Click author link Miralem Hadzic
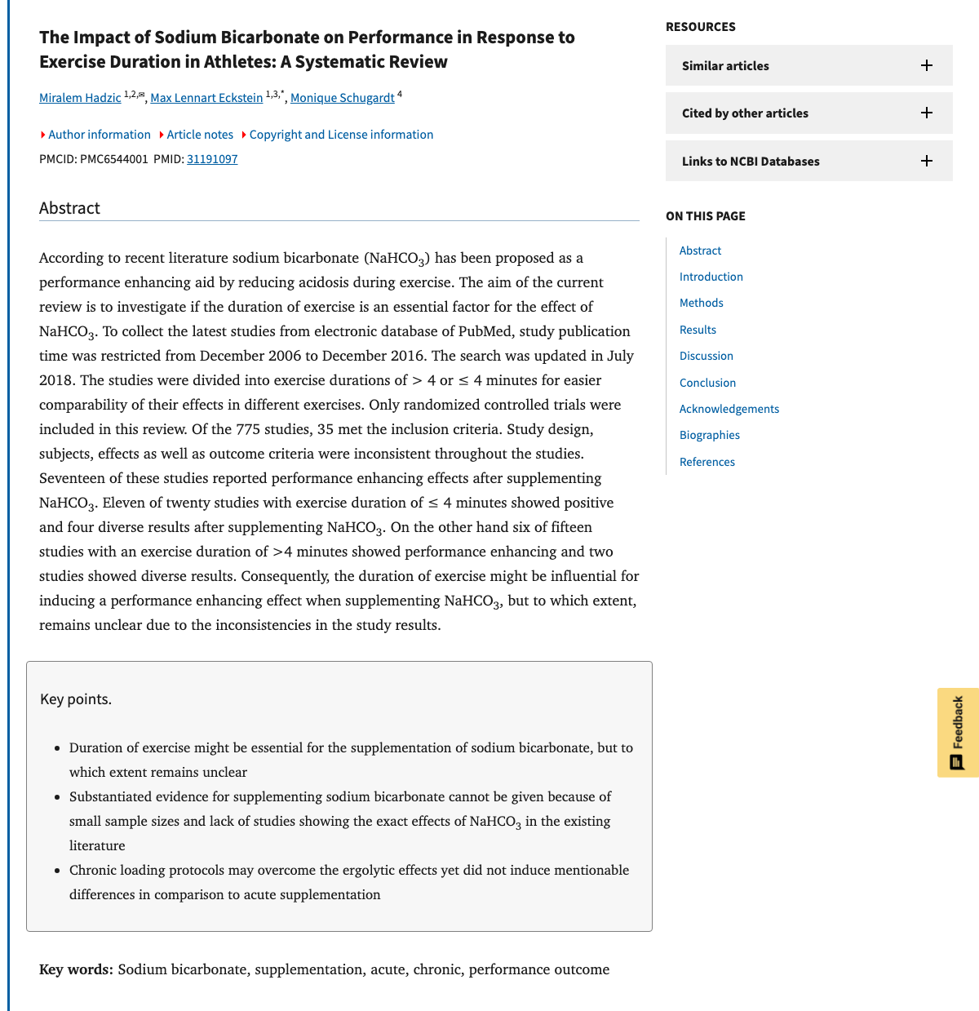[80, 98]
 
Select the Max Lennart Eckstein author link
[206, 98]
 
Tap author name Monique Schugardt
[342, 98]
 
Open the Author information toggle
[99, 135]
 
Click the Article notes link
[200, 135]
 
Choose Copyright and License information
[341, 135]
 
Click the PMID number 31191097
[212, 159]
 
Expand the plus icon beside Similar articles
[927, 65]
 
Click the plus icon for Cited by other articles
[927, 113]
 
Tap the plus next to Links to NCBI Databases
[927, 161]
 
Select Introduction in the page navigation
[711, 277]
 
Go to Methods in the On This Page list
[702, 303]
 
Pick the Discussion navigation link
[707, 356]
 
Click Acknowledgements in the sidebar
[729, 409]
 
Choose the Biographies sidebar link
[710, 435]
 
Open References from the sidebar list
[707, 462]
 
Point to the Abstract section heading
[69, 208]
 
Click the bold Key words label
[76, 969]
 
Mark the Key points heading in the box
[76, 699]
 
